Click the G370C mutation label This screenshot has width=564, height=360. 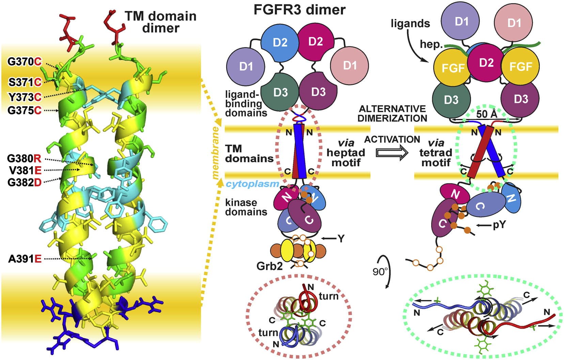(25, 62)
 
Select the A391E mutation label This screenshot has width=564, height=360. (25, 259)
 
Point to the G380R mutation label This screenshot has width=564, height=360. (24, 158)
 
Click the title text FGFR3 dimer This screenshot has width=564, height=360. (299, 10)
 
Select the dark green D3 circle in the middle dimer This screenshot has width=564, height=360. (281, 92)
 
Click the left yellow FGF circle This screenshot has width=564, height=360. (453, 68)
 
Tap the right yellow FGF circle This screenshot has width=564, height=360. (520, 66)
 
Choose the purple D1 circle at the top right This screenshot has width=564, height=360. (461, 21)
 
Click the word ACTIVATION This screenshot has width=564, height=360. (392, 139)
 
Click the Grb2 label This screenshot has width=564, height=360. (269, 266)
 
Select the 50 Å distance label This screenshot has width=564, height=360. (487, 114)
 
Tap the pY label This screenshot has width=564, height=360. (499, 225)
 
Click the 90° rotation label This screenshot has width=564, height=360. (380, 272)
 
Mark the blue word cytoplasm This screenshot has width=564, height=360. (252, 184)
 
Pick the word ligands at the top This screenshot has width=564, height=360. (410, 24)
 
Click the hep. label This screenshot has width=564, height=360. (431, 45)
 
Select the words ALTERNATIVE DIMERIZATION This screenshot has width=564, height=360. (392, 113)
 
